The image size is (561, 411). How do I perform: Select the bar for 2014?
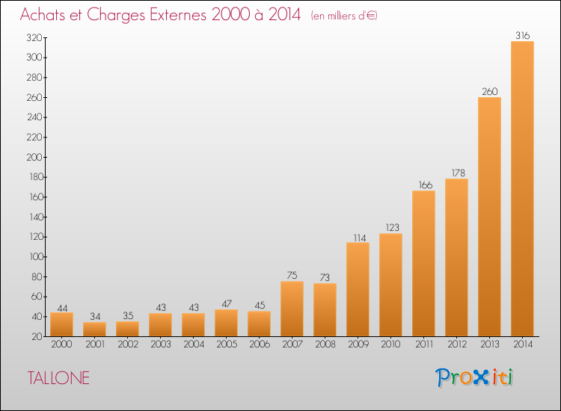522,189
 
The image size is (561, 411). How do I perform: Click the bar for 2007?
292,309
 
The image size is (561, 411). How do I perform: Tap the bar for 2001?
94,329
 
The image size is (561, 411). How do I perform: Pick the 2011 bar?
423,263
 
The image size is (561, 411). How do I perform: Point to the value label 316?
522,35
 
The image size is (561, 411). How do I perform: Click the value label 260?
489,91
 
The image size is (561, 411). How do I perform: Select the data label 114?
359,238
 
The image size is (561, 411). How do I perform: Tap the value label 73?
325,277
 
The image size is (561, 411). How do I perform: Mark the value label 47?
226,304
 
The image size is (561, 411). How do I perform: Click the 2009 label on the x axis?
358,344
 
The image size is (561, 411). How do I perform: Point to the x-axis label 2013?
489,344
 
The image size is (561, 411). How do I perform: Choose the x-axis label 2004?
194,344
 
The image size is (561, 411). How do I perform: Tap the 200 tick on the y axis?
34,157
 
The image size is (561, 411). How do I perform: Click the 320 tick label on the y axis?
34,38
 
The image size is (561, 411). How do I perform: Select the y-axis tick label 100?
36,257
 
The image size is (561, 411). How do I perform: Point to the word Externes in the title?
178,15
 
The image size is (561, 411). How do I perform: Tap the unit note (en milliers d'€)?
344,16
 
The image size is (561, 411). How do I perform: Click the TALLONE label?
58,378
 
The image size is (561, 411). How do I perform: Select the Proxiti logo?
474,377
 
